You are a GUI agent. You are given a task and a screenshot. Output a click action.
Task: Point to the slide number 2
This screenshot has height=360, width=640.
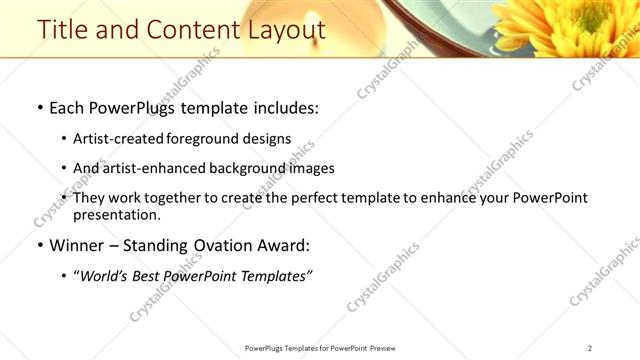[590, 348]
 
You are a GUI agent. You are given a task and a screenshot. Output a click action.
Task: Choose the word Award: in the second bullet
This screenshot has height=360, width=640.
[283, 245]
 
